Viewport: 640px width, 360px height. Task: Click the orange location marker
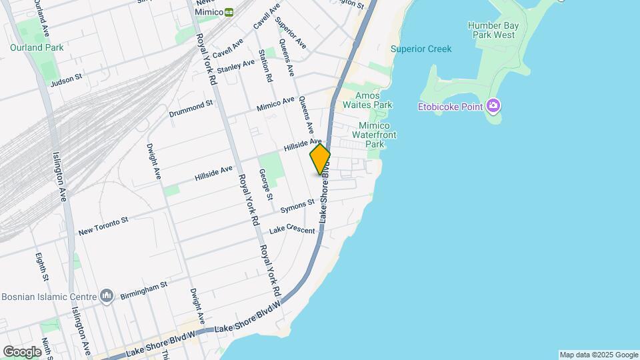[x=320, y=159]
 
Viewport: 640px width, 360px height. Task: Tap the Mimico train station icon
[x=229, y=12]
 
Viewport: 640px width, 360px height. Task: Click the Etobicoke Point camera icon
[x=493, y=105]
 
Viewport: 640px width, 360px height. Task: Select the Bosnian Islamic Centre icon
[x=107, y=295]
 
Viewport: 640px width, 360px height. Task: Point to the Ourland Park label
[x=37, y=47]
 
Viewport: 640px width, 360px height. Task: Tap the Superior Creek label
[x=421, y=49]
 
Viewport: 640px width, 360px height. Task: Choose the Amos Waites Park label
[x=367, y=100]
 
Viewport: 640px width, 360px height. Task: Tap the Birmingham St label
[x=143, y=290]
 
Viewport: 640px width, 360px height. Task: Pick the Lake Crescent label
[x=291, y=231]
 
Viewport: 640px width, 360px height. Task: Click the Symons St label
[x=297, y=205]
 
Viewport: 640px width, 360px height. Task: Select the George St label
[x=266, y=184]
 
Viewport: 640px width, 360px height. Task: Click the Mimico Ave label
[x=275, y=105]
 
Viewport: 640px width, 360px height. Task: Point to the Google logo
[x=22, y=352]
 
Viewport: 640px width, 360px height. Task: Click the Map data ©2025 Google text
[x=599, y=355]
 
